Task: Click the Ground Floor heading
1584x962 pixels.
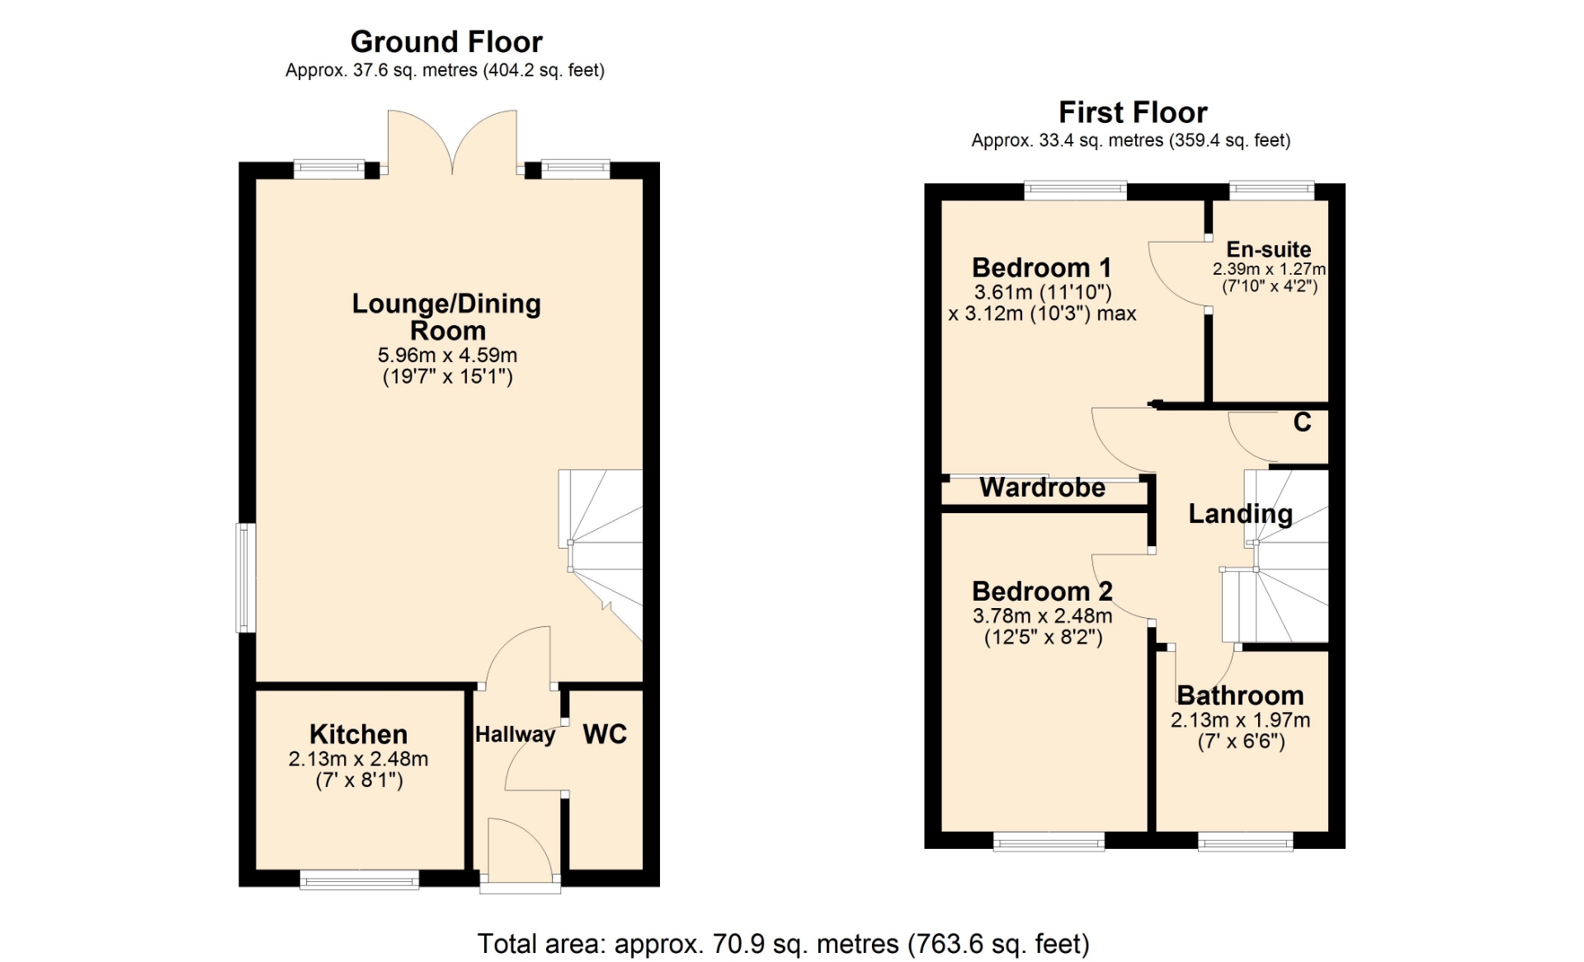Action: (x=446, y=42)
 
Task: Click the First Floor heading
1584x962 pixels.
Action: (x=1133, y=112)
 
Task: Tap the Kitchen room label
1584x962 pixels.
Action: (x=358, y=733)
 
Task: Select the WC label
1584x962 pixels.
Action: (x=605, y=733)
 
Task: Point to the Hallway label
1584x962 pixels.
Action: (x=515, y=734)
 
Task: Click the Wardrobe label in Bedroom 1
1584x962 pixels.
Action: (x=1042, y=488)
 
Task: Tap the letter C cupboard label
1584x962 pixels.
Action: (x=1302, y=422)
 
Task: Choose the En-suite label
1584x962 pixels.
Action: (x=1268, y=249)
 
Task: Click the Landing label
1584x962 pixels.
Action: (x=1240, y=514)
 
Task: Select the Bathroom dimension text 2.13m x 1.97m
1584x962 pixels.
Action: (x=1240, y=720)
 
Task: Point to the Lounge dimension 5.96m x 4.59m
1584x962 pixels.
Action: (x=447, y=356)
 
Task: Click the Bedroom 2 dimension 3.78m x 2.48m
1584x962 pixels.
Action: (x=1042, y=615)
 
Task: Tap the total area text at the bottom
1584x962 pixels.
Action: (x=783, y=944)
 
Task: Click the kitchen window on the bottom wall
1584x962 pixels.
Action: (x=359, y=879)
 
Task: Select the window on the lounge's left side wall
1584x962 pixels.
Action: (x=246, y=578)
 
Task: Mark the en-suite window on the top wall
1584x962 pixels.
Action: (x=1271, y=191)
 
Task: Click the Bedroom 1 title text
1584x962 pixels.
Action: (x=1041, y=267)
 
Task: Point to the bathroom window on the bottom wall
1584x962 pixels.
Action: (x=1245, y=842)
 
